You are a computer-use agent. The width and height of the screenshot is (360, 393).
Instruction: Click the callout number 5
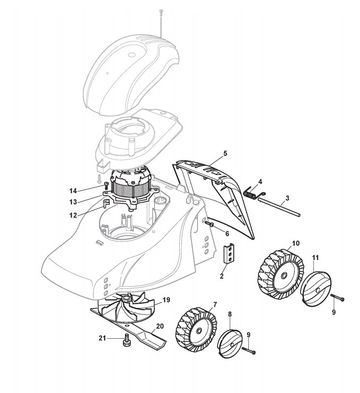tap(225, 153)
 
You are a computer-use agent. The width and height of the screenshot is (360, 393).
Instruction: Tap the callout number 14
tap(73, 190)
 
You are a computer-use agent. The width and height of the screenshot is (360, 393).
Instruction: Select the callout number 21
tap(102, 338)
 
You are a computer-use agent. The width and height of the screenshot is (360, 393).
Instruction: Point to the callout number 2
tap(223, 276)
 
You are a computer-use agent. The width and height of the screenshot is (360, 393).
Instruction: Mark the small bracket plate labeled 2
tap(229, 254)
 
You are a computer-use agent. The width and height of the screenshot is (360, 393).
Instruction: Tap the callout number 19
tap(166, 300)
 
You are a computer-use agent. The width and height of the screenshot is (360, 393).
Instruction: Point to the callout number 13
tap(73, 202)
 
